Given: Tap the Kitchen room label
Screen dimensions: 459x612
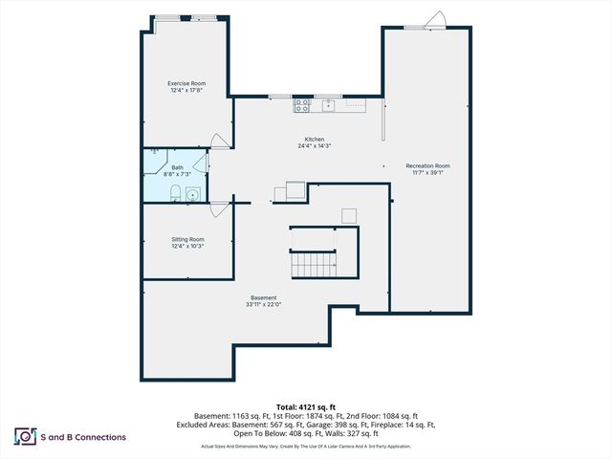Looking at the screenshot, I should click(315, 139).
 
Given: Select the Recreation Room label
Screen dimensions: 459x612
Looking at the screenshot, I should click(427, 165).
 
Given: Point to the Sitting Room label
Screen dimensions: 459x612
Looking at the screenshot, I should click(187, 239).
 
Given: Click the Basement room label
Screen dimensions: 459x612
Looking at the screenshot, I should click(264, 297).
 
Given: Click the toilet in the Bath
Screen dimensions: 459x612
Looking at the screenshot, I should click(175, 195).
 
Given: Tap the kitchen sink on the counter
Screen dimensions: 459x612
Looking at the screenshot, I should click(328, 102).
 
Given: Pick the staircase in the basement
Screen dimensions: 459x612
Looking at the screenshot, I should click(313, 263).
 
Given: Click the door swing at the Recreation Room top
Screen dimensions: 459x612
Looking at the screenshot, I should click(435, 20).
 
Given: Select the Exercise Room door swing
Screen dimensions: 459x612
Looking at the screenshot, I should click(220, 142).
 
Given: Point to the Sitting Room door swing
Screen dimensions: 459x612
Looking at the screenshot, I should click(220, 207).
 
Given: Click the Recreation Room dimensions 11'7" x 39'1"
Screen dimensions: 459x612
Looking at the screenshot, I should click(427, 173).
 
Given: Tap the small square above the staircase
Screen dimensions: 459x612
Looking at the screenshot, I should click(350, 214).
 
